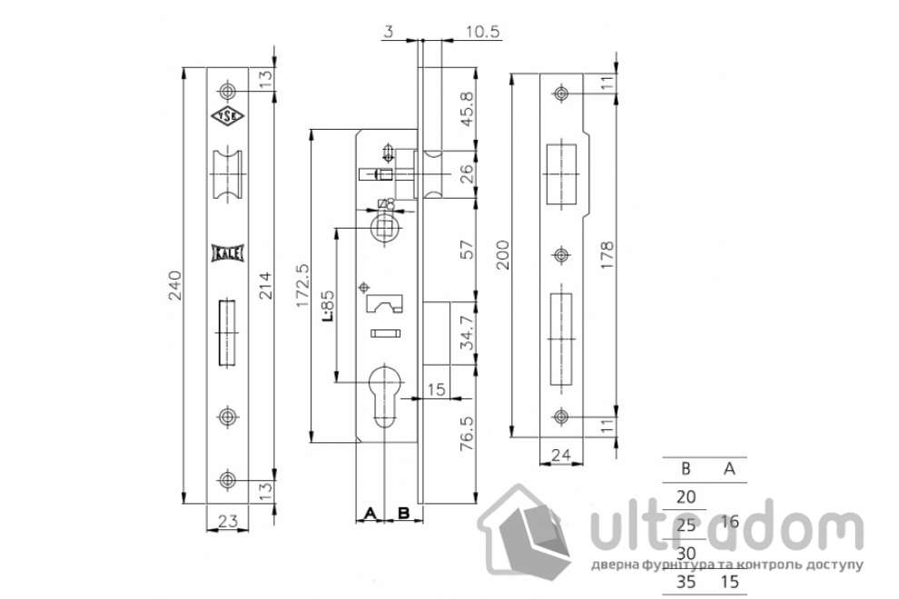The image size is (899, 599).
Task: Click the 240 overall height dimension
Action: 178,285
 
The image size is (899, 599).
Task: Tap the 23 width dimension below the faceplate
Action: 229,520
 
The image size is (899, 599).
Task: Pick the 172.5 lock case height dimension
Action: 303,285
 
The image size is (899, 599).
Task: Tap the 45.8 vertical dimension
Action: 467,107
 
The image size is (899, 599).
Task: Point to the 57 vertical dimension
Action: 467,250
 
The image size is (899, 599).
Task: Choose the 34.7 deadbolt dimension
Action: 467,333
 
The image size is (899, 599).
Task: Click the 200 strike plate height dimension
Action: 502,253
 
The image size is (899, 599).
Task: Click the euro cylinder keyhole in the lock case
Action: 389,389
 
